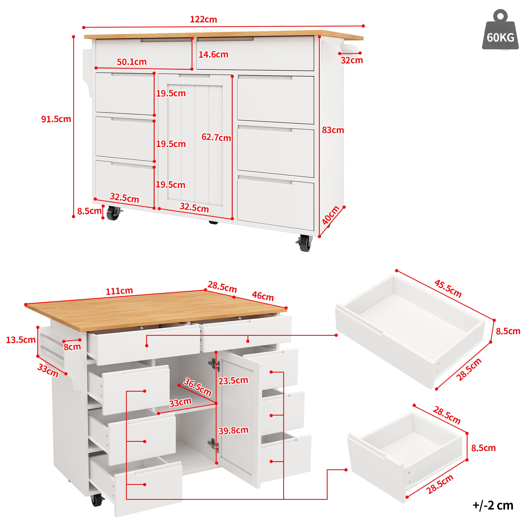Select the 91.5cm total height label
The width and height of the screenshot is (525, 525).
point(56,119)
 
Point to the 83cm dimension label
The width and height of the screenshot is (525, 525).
point(333,130)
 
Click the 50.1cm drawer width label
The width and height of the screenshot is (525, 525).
point(132,62)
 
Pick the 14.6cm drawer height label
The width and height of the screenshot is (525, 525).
point(213,55)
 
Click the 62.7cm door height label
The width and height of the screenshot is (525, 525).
point(216,137)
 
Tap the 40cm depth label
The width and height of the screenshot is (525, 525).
point(330,215)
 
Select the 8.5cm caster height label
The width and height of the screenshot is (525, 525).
point(89,211)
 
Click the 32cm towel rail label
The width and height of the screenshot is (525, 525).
point(352,60)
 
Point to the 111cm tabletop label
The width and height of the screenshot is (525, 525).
point(119,291)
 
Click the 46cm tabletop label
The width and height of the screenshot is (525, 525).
point(262,296)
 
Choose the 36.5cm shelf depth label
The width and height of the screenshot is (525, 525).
point(198,387)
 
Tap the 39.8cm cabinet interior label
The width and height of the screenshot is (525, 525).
point(233,430)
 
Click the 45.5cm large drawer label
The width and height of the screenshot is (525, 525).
point(448,288)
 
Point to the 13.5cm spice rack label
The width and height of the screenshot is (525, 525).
point(21,340)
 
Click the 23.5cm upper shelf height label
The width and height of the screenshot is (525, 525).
point(233,380)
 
